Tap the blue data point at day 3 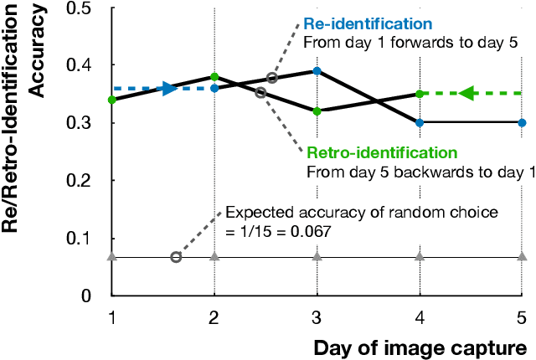317,71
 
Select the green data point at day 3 317,111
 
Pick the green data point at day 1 112,100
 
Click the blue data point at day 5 522,122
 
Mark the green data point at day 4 420,94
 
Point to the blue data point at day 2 215,88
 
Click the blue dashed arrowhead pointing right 170,88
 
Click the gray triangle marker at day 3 317,256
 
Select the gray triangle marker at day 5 522,256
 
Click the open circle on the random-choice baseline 176,257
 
